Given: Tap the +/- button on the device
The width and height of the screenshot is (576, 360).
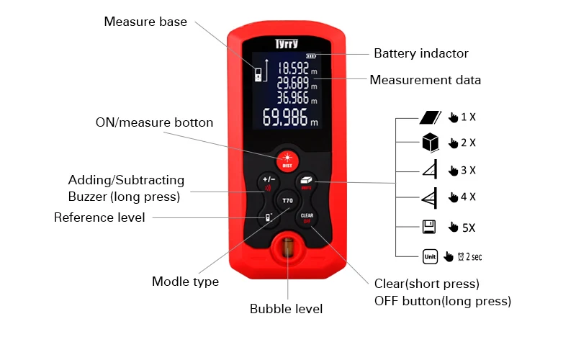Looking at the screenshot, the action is tap(269, 183).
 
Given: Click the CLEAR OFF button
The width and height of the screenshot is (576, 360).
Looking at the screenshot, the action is tap(307, 218).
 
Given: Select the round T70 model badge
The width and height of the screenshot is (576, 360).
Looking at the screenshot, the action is tap(287, 201).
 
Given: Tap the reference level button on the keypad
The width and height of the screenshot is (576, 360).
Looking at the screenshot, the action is tap(269, 217).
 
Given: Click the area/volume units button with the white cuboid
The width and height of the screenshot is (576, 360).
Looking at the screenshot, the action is tap(306, 183).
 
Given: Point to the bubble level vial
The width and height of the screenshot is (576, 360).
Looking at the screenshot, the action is tap(288, 247).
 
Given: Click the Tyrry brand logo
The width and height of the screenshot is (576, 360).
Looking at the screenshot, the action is tap(287, 44).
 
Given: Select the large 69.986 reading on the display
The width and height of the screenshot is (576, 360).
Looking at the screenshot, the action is tap(290, 117).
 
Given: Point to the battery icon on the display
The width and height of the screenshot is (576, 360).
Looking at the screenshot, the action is tap(311, 56).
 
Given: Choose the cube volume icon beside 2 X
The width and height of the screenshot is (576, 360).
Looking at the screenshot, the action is tap(430, 142).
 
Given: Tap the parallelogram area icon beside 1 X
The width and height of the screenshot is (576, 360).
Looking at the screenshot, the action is tap(430, 117).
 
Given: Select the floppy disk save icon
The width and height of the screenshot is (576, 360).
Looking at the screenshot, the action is tap(429, 227).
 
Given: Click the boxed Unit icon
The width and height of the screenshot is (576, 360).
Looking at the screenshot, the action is tap(430, 256).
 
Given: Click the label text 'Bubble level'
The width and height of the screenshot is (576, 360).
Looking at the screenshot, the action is tap(286, 309).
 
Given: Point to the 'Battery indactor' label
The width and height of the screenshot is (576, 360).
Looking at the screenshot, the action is tap(421, 53).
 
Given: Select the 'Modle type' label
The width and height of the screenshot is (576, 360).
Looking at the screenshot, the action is tap(185, 282).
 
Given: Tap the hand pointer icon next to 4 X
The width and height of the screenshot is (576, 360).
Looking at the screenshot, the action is tap(454, 197).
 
